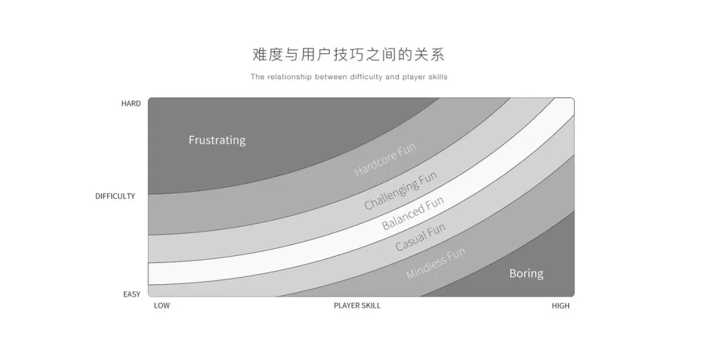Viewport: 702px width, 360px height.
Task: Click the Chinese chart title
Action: pyautogui.click(x=348, y=54)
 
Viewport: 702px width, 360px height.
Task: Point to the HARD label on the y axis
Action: pyautogui.click(x=131, y=103)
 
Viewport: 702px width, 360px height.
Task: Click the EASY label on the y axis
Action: pyautogui.click(x=131, y=294)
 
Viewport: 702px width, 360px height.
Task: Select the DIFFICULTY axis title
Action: pyautogui.click(x=115, y=196)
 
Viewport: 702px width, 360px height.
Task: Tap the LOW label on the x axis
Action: pyautogui.click(x=162, y=306)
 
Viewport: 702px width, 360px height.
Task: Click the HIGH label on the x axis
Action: pyautogui.click(x=560, y=306)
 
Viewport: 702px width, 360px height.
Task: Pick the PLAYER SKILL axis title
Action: pyautogui.click(x=357, y=306)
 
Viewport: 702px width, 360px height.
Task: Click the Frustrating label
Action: pyautogui.click(x=217, y=140)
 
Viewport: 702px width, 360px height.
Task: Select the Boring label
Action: pyautogui.click(x=526, y=274)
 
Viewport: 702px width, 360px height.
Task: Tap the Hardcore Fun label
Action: pyautogui.click(x=384, y=160)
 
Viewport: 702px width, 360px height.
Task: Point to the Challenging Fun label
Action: pyautogui.click(x=400, y=190)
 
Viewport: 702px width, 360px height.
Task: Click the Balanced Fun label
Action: pyautogui.click(x=413, y=214)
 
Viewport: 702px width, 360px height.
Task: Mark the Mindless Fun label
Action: pyautogui.click(x=435, y=264)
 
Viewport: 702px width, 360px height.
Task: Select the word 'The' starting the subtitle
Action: pyautogui.click(x=257, y=77)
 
